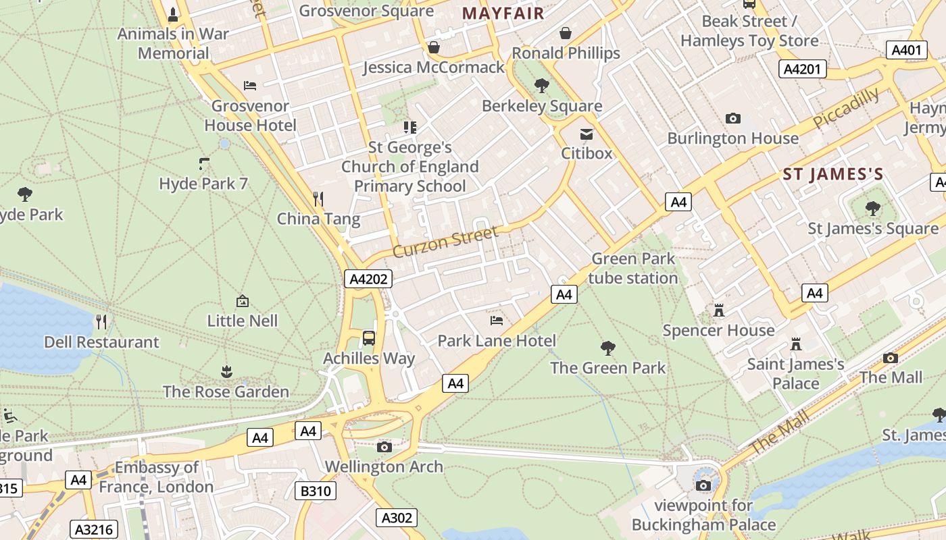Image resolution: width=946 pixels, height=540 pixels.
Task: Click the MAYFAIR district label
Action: click(503, 13)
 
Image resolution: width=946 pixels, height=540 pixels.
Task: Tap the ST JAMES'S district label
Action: click(832, 174)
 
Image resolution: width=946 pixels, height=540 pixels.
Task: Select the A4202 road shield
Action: click(368, 279)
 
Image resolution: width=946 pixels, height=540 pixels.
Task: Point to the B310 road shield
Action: click(315, 491)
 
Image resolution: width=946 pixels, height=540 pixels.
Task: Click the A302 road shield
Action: click(396, 518)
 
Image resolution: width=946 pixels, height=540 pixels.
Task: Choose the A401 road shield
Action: click(906, 50)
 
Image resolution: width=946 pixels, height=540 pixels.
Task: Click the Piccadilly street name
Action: click(846, 108)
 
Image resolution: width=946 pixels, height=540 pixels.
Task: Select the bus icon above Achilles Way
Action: click(369, 337)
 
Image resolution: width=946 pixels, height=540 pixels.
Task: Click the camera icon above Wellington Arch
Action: click(384, 447)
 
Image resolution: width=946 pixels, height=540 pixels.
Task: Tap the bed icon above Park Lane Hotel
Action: click(497, 320)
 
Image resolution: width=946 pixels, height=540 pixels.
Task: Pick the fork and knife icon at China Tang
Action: click(318, 198)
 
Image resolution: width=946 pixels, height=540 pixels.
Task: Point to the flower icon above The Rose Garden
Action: click(226, 371)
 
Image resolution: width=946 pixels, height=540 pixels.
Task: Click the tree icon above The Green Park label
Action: click(607, 348)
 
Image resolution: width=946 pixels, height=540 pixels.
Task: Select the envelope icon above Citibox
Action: click(587, 134)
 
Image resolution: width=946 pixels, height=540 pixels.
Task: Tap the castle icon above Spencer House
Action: click(718, 311)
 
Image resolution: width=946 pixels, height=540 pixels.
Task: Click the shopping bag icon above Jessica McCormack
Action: click(434, 47)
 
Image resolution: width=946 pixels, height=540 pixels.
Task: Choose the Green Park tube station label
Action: click(632, 268)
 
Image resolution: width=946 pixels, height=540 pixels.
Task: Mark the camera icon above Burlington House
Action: click(732, 119)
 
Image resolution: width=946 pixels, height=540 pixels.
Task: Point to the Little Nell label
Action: click(242, 320)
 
